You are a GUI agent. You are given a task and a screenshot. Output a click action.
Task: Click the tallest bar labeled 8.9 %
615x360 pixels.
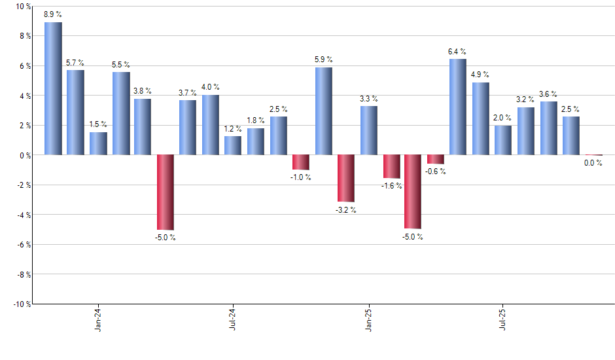pos(53,88)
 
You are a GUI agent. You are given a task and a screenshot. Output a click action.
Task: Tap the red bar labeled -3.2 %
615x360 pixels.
pos(345,178)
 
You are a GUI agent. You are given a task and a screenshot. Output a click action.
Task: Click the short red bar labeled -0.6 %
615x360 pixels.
pos(436,159)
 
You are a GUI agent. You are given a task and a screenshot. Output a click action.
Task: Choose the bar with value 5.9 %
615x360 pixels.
pos(323,111)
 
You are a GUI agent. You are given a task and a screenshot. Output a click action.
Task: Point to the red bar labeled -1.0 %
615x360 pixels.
pos(301,162)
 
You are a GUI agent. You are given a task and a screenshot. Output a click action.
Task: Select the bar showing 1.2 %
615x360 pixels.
pos(233,145)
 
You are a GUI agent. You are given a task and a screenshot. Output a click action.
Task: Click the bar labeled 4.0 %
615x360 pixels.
pos(211,125)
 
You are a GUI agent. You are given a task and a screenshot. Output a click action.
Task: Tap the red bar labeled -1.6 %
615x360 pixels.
pos(391,166)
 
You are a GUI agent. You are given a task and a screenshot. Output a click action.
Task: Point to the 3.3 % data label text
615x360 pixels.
pos(368,99)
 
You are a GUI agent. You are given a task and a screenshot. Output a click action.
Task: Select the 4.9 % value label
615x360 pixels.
pos(481,75)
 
